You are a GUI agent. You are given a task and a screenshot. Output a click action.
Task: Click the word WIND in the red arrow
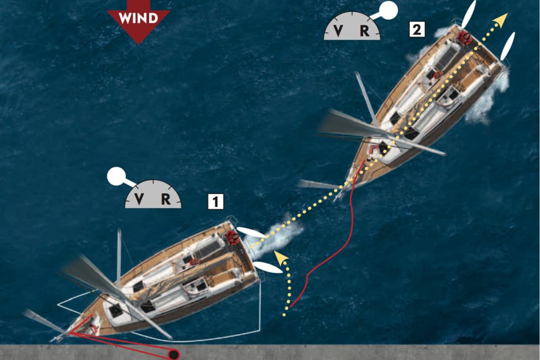point(138,18)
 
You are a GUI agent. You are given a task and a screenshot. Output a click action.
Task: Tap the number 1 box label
point(215,202)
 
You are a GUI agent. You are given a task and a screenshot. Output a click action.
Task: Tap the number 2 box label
point(417,30)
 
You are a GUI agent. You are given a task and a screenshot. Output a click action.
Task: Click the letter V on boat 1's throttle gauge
point(139,199)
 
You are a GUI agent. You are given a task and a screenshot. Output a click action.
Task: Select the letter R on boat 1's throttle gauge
point(166,199)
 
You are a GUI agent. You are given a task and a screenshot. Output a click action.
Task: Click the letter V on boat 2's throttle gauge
point(338,31)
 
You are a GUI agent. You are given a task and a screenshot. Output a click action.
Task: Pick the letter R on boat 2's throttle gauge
point(365,31)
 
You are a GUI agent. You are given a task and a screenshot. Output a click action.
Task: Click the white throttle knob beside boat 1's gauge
point(116,176)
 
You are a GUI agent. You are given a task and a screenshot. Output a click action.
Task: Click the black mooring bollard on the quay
point(174,354)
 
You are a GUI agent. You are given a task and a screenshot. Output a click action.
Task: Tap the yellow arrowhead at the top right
point(502,20)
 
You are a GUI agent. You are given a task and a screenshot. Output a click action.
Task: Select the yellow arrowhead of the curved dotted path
point(281,258)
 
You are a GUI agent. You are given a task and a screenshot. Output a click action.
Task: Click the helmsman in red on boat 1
point(232,237)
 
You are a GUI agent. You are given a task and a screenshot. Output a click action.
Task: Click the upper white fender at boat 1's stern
point(251,233)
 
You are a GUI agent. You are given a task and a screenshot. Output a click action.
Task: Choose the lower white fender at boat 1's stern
point(267,267)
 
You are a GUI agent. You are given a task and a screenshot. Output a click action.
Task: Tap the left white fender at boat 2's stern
point(469,14)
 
